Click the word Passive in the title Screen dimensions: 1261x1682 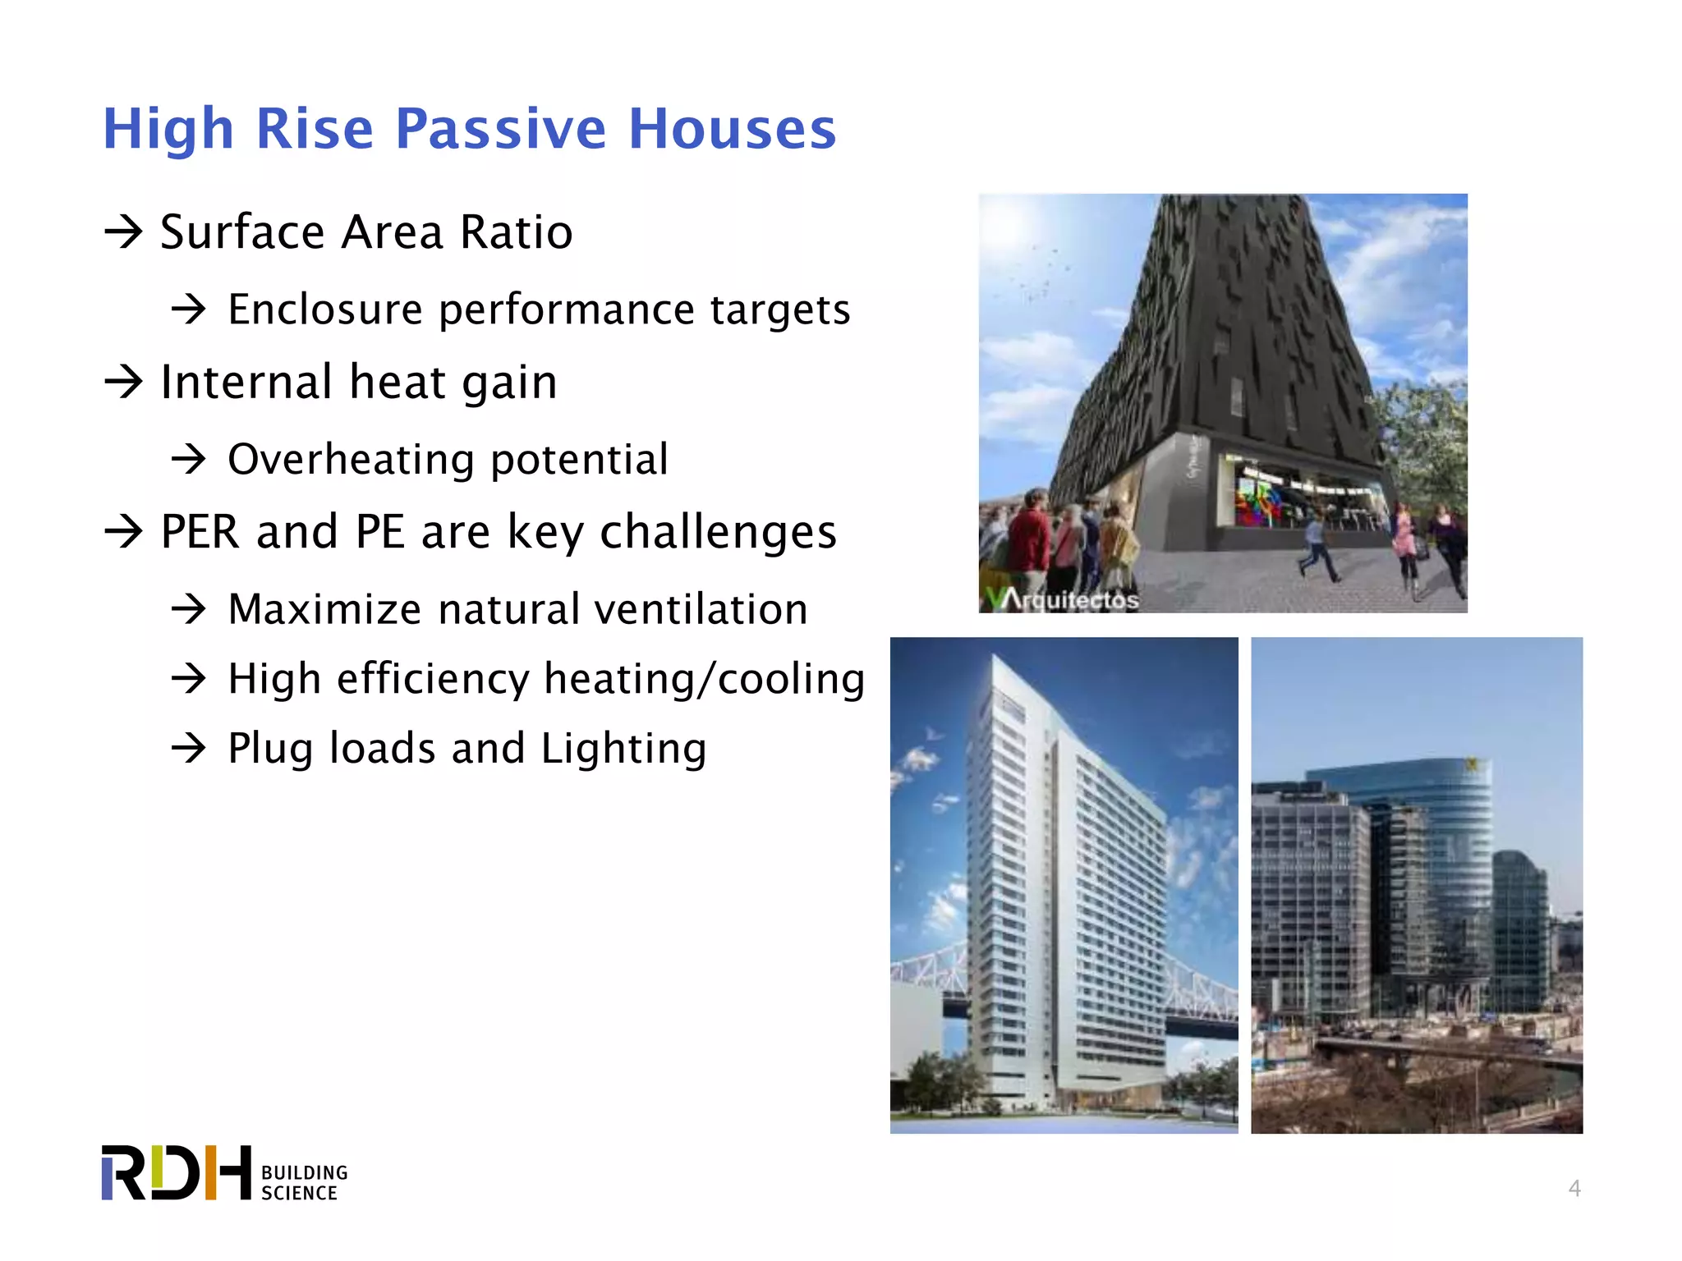(500, 129)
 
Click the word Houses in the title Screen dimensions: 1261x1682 (732, 129)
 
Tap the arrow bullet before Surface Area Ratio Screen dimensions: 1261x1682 (124, 232)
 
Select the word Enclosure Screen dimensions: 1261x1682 (325, 310)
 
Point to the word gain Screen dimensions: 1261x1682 (509, 383)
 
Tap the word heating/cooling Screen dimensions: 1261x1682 (704, 680)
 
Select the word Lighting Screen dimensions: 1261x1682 (623, 749)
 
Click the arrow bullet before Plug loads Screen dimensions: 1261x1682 (189, 749)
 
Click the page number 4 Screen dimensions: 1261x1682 (1574, 1188)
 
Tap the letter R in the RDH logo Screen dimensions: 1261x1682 (123, 1172)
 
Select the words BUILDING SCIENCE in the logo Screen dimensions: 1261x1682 (304, 1182)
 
